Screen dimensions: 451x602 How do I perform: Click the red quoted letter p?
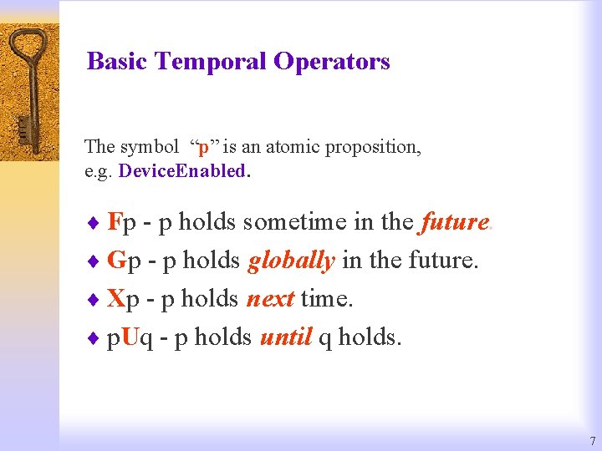[x=204, y=147]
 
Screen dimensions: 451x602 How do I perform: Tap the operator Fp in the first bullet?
[x=123, y=222]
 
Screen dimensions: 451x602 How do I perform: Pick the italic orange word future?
[x=455, y=222]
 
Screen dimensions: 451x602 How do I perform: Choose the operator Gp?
[x=125, y=261]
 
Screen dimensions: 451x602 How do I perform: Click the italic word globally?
[x=291, y=261]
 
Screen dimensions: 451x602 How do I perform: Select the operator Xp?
[x=124, y=298]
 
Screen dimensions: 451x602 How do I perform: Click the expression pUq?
[x=130, y=337]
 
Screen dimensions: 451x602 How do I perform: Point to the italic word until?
[x=286, y=337]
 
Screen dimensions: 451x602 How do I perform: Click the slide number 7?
[x=592, y=441]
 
